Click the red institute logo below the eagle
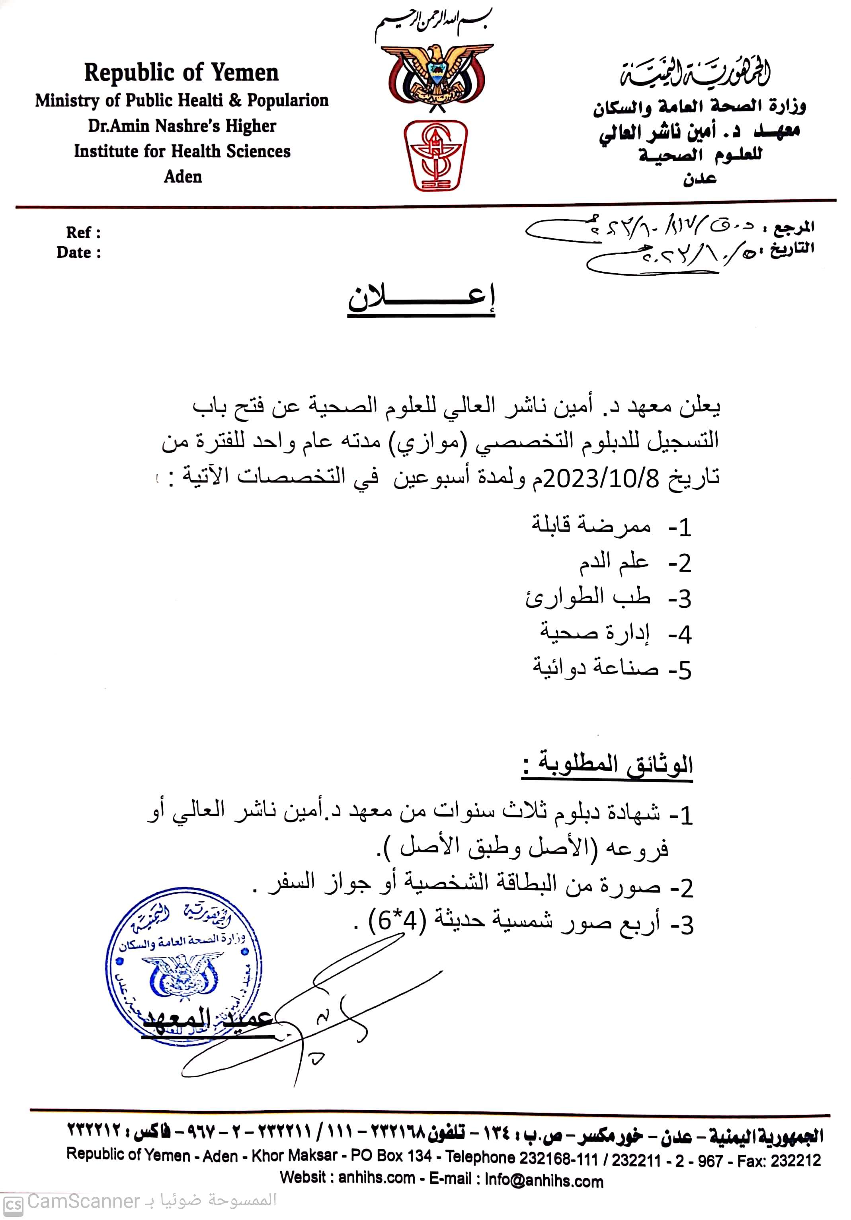435,155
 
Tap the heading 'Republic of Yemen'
181,73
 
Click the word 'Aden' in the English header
183,176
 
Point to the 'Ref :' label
83,232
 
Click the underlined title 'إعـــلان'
422,301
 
